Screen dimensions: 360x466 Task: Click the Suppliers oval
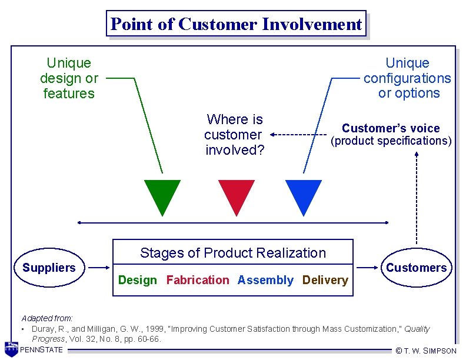point(49,268)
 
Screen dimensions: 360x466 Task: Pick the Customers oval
point(416,268)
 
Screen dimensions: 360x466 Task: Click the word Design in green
point(138,281)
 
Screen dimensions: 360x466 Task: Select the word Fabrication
point(198,281)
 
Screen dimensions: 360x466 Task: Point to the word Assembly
point(265,281)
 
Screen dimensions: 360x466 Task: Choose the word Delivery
point(325,281)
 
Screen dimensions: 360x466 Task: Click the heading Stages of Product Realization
point(232,254)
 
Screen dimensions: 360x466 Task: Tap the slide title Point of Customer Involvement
point(236,24)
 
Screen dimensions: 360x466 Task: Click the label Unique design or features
point(69,78)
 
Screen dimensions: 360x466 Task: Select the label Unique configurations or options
point(407,78)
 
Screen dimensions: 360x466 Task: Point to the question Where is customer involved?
point(235,135)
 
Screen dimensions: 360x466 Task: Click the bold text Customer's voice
point(391,128)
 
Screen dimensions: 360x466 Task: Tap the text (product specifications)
point(391,141)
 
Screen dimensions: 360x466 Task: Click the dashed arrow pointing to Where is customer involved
point(298,135)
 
